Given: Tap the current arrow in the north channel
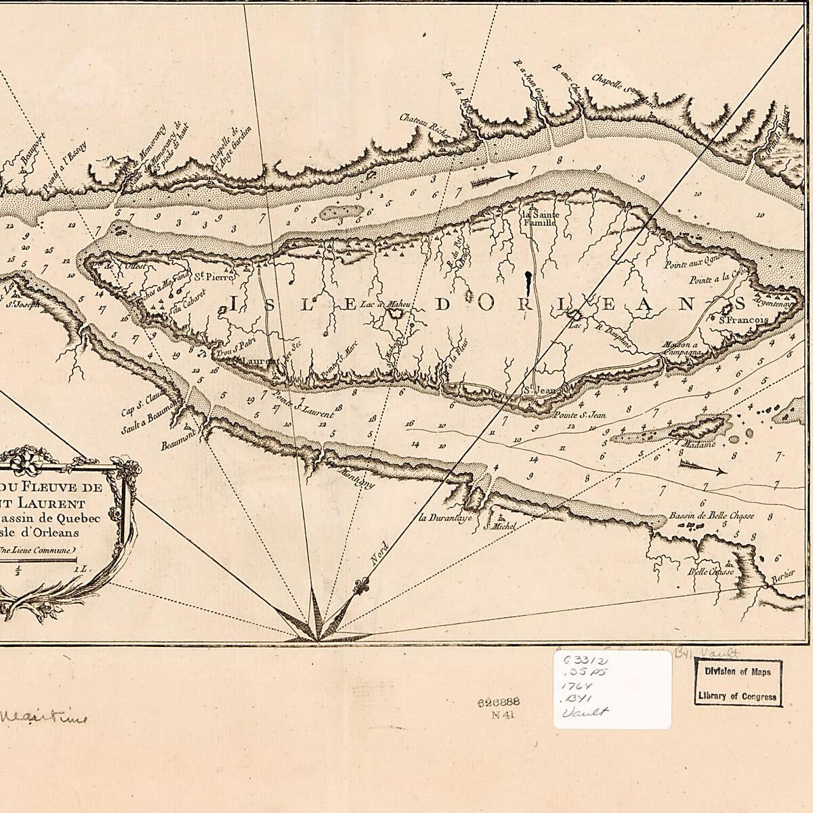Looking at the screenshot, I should coord(493,179).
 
